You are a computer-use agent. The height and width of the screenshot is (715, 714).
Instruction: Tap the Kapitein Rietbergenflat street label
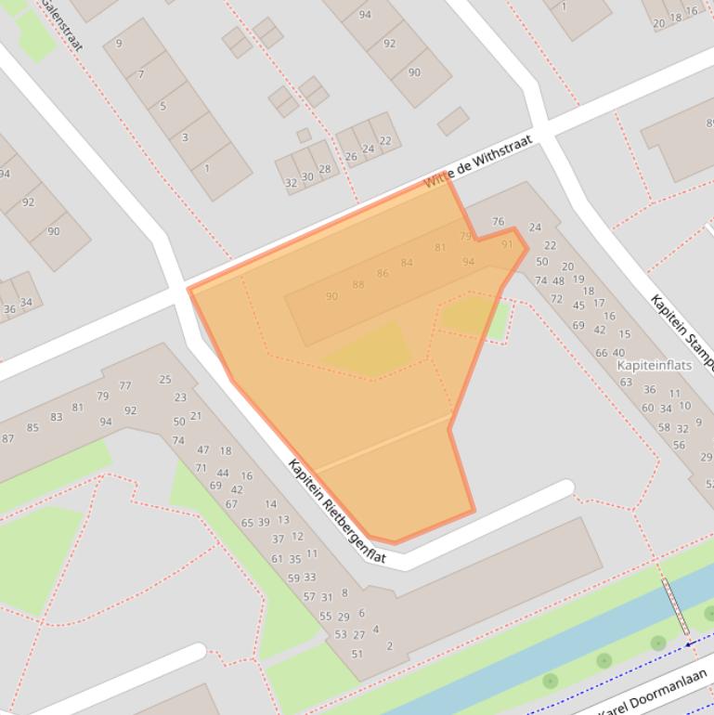[x=336, y=512]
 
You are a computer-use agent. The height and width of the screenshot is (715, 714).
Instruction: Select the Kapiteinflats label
[x=655, y=365]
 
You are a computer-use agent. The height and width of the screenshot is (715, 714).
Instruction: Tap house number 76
[x=499, y=222]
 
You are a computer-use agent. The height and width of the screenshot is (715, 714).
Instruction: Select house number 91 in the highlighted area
[x=507, y=244]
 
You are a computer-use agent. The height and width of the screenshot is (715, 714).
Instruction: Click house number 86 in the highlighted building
[x=383, y=273]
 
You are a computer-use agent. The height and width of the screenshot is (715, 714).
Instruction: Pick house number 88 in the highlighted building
[x=358, y=284]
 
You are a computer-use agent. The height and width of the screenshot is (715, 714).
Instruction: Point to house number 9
[x=119, y=44]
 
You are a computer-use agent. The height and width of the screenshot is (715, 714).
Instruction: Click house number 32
[x=291, y=183]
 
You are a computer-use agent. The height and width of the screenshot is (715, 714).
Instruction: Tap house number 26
[x=351, y=156]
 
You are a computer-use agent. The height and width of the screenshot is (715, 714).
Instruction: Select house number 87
[x=8, y=438]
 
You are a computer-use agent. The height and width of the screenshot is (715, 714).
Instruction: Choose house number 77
[x=124, y=385]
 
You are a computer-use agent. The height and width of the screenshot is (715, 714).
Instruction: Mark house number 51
[x=357, y=654]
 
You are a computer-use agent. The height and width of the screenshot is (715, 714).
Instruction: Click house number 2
[x=389, y=645]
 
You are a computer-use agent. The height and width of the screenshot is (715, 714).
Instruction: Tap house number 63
[x=626, y=382]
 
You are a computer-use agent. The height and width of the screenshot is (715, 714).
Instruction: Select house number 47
[x=202, y=450]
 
